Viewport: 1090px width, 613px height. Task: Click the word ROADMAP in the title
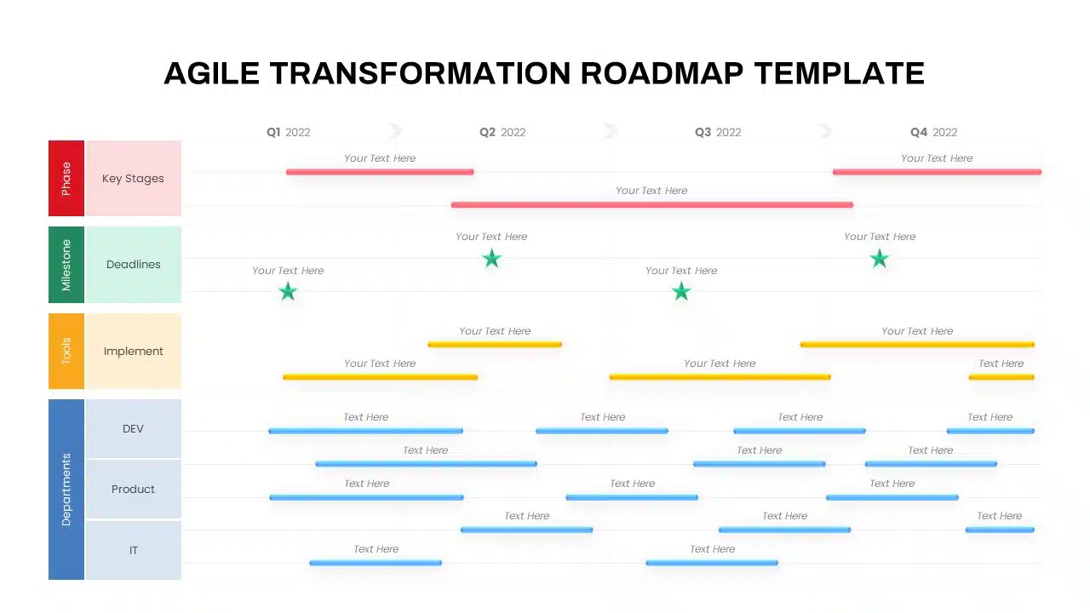pyautogui.click(x=662, y=73)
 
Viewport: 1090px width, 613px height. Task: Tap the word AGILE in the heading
pyautogui.click(x=212, y=73)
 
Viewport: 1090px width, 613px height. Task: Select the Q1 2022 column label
pyautogui.click(x=288, y=132)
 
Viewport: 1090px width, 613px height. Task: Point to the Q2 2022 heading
pyautogui.click(x=502, y=132)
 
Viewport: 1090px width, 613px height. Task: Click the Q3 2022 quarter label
pyautogui.click(x=718, y=132)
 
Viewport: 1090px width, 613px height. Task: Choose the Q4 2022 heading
pyautogui.click(x=933, y=132)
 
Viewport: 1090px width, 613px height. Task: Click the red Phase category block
pyautogui.click(x=66, y=178)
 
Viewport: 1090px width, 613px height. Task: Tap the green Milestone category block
pyautogui.click(x=66, y=265)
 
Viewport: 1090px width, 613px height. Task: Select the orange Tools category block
pyautogui.click(x=66, y=351)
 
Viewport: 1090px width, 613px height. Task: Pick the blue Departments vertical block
pyautogui.click(x=66, y=490)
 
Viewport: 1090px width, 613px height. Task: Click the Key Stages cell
pyautogui.click(x=134, y=178)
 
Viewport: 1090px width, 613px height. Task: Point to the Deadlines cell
pyautogui.click(x=134, y=265)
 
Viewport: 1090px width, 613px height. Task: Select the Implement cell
pyautogui.click(x=134, y=351)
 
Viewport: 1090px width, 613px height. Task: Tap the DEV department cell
pyautogui.click(x=134, y=428)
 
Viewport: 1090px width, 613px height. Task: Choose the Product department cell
pyautogui.click(x=134, y=489)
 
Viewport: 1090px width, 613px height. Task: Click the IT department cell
pyautogui.click(x=134, y=550)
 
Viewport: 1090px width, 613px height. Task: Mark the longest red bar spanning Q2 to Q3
pyautogui.click(x=652, y=205)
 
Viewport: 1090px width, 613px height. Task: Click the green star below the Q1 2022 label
pyautogui.click(x=288, y=292)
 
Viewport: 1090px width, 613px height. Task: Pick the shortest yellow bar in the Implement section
pyautogui.click(x=1001, y=377)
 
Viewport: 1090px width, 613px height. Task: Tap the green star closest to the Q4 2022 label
pyautogui.click(x=880, y=258)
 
